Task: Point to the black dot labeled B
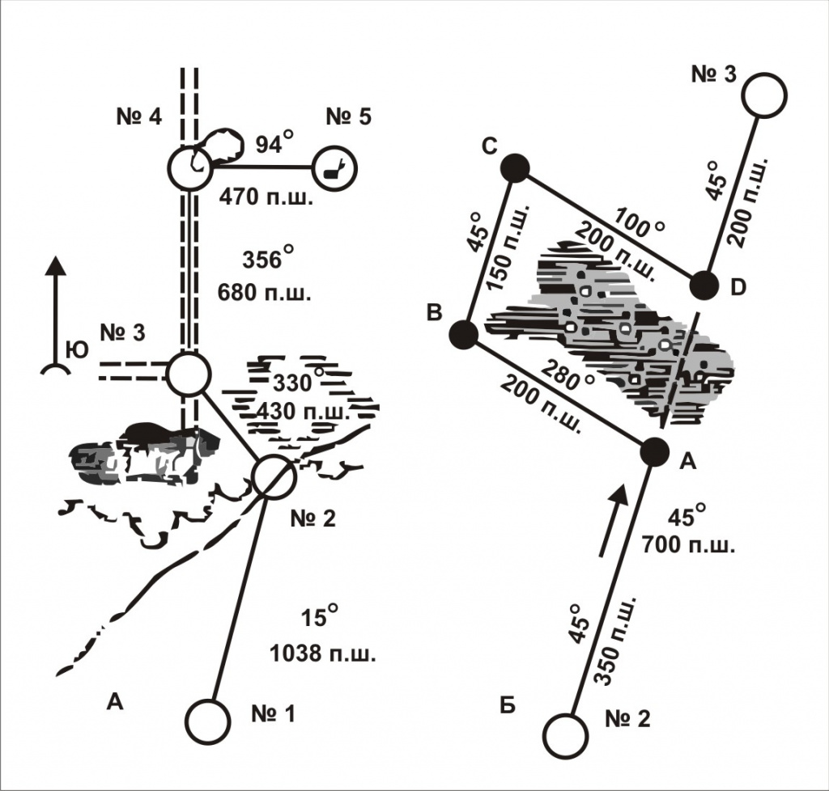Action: click(463, 333)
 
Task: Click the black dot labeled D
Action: click(704, 286)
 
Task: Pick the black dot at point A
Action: click(654, 452)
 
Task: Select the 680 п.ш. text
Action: click(266, 293)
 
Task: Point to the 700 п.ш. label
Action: click(687, 544)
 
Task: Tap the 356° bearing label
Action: click(266, 260)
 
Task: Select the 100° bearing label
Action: click(640, 226)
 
